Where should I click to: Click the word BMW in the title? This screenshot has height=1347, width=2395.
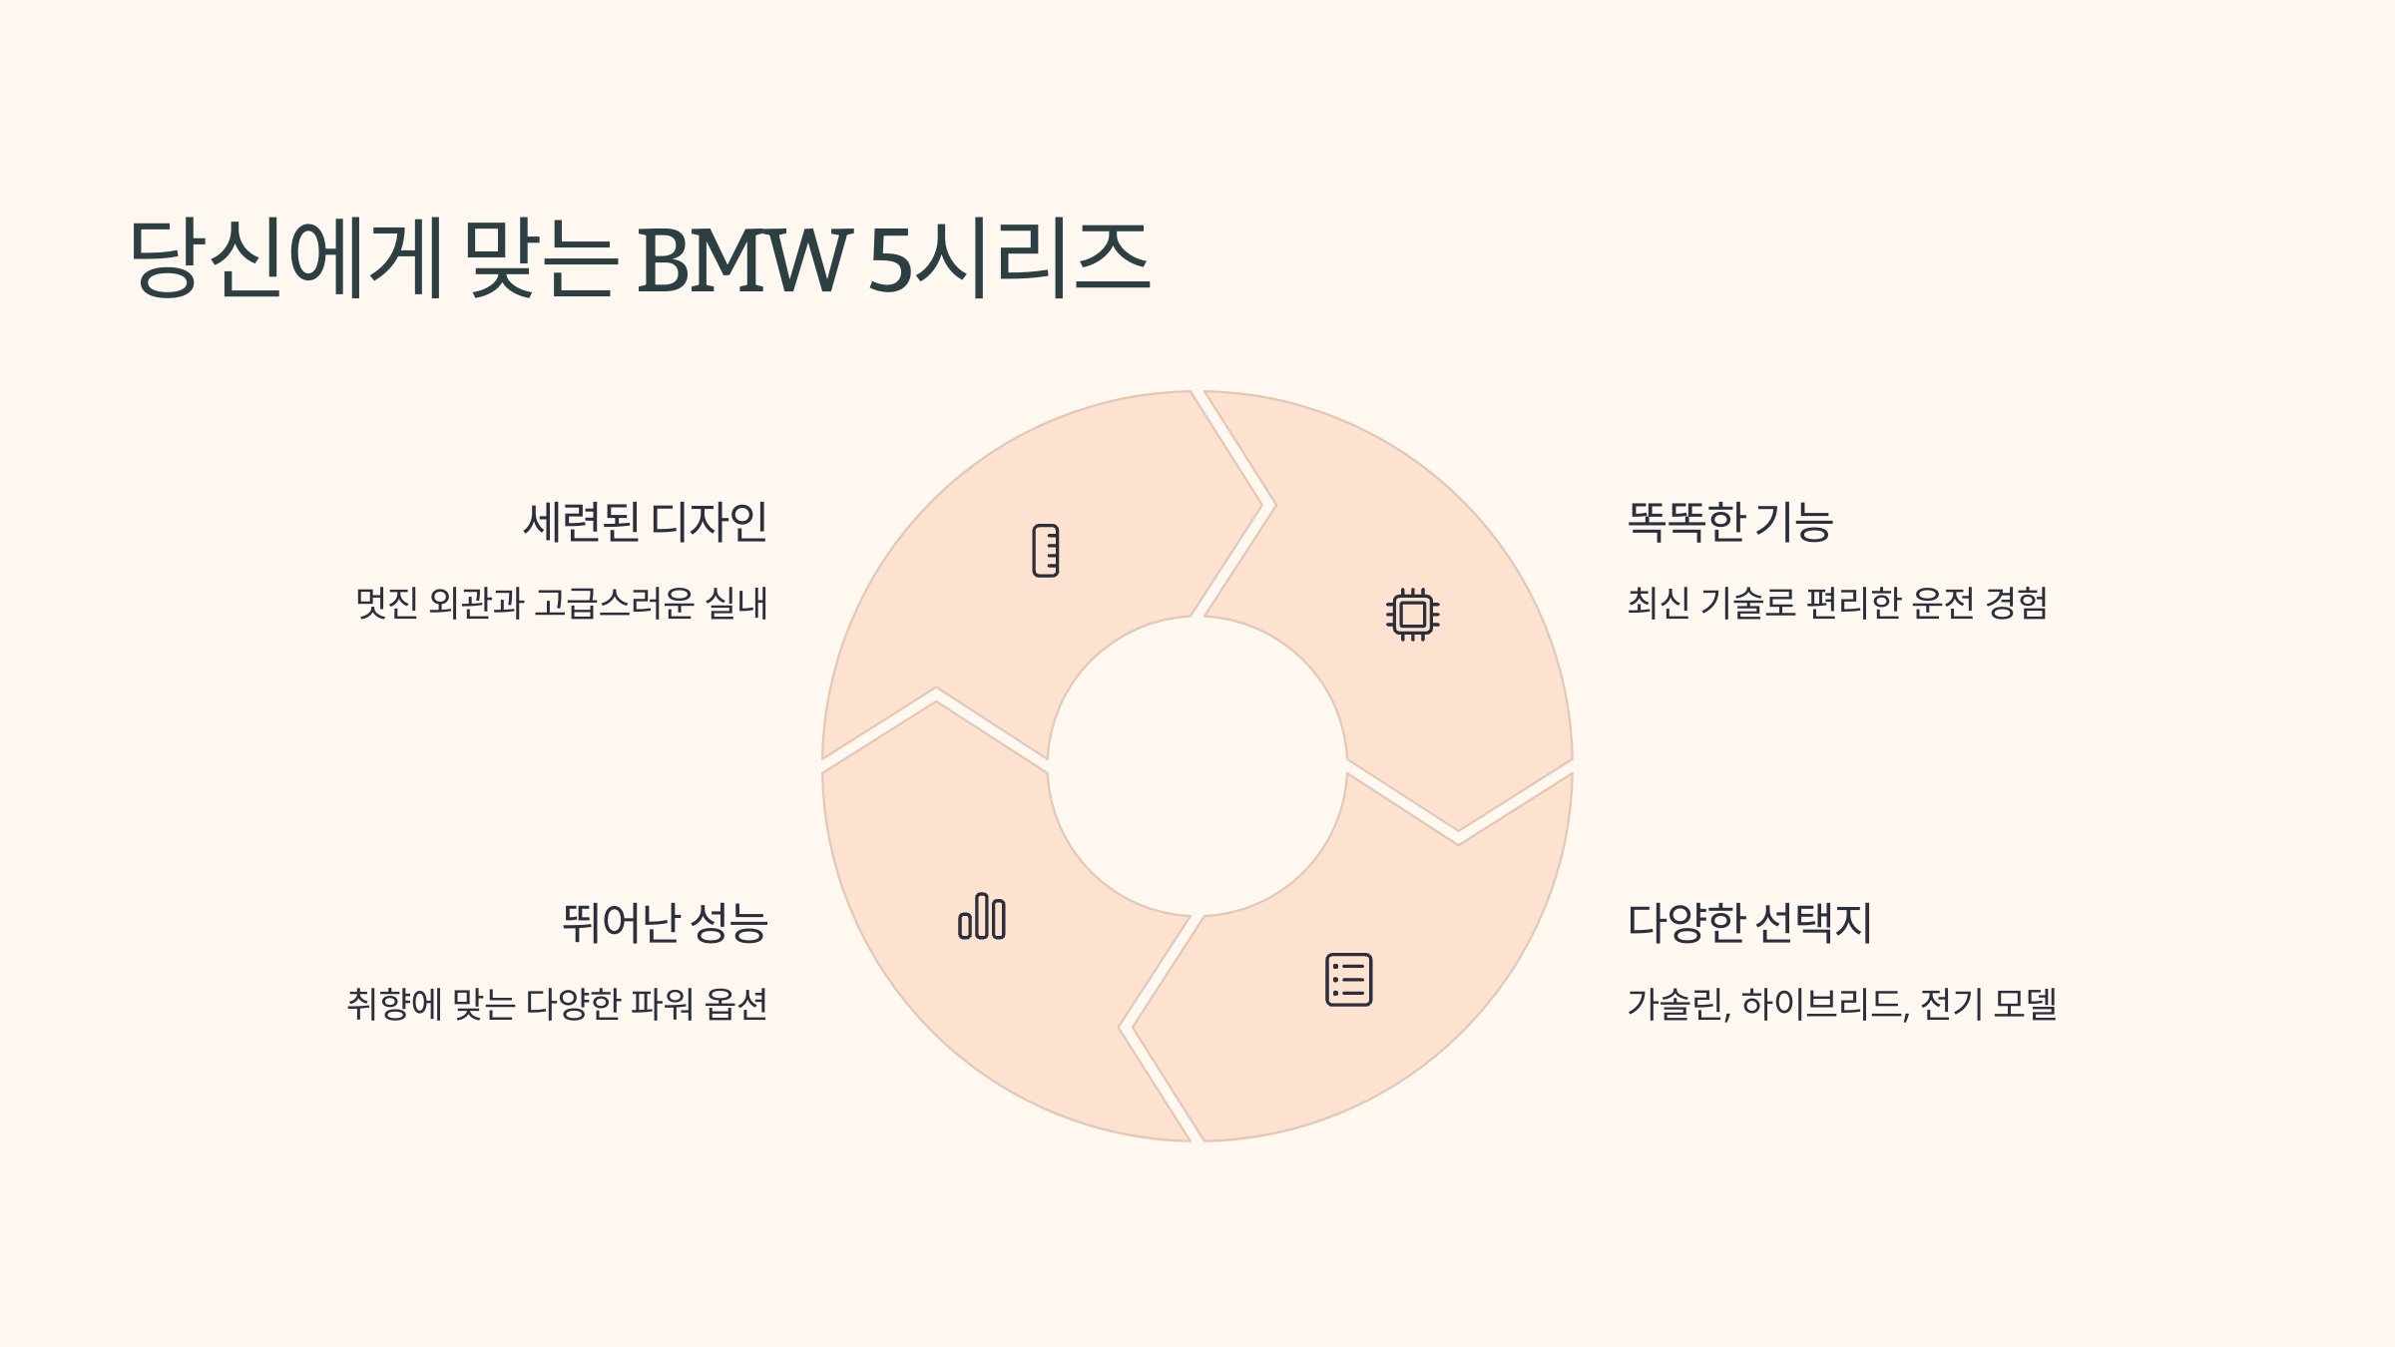(743, 260)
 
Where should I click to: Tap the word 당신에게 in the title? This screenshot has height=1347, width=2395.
(285, 258)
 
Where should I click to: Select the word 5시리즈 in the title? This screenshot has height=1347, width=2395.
(1009, 258)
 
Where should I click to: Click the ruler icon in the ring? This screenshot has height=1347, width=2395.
(1045, 551)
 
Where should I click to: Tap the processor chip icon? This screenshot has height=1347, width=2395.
(1412, 614)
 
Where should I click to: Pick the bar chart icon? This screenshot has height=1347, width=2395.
(982, 916)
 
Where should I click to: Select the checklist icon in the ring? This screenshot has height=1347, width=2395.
(1348, 980)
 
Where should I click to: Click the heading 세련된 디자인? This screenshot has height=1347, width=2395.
(646, 522)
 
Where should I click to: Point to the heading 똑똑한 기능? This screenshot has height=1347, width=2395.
(1729, 522)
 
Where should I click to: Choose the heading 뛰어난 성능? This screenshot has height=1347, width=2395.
(665, 923)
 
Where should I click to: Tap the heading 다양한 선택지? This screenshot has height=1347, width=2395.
(1749, 923)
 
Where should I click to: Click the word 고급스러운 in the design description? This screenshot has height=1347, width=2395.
(614, 604)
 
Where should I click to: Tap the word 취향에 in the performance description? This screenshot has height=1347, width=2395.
(394, 1004)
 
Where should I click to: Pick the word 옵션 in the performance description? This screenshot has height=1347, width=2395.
(736, 1004)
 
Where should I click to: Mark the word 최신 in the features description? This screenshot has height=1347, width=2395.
(1659, 604)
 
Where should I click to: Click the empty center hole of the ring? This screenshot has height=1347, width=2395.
(1197, 766)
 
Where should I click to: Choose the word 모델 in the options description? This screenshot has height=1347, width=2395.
(2025, 1004)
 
